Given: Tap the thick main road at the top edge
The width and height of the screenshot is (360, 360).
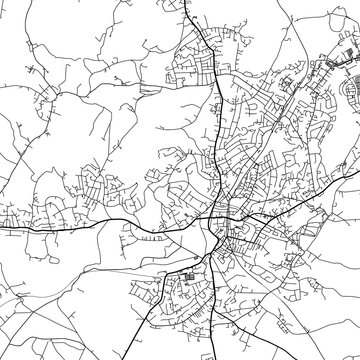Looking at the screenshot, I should pyautogui.click(x=187, y=2).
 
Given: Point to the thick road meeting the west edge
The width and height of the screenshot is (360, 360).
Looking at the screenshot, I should pyautogui.click(x=2, y=227).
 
